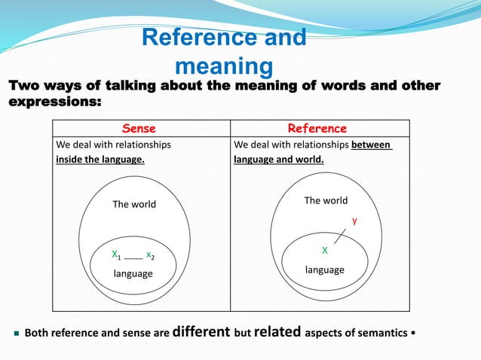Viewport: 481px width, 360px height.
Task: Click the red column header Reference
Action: (x=319, y=129)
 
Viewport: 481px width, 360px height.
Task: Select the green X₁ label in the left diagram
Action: (x=116, y=255)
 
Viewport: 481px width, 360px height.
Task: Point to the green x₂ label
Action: (x=151, y=255)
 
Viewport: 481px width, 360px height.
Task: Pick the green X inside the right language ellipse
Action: (x=324, y=249)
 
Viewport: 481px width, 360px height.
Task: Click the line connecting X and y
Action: (x=341, y=236)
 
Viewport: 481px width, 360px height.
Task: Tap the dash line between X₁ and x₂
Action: (x=133, y=258)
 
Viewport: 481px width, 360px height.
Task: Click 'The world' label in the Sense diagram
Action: (x=134, y=204)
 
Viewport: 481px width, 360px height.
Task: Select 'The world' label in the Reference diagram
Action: (x=326, y=200)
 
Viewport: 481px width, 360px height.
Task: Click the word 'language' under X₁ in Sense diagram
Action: (x=133, y=273)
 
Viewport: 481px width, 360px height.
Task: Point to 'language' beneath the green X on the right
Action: (x=325, y=270)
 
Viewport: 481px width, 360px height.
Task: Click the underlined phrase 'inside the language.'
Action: (x=100, y=160)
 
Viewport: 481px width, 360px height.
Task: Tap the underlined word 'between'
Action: (x=372, y=145)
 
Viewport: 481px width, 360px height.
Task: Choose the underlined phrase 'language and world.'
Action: (x=279, y=160)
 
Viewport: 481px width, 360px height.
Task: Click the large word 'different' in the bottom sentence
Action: (x=201, y=331)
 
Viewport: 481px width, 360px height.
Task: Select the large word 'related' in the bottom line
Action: (x=277, y=331)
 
